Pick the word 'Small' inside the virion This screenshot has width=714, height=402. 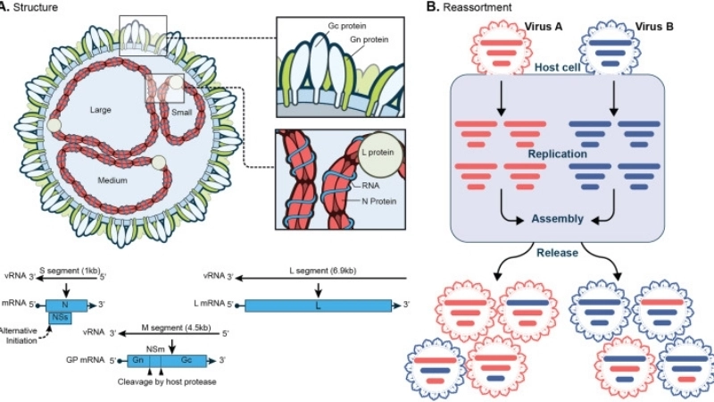(184, 113)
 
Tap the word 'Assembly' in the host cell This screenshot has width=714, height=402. (557, 218)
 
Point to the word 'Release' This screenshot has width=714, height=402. (560, 252)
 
